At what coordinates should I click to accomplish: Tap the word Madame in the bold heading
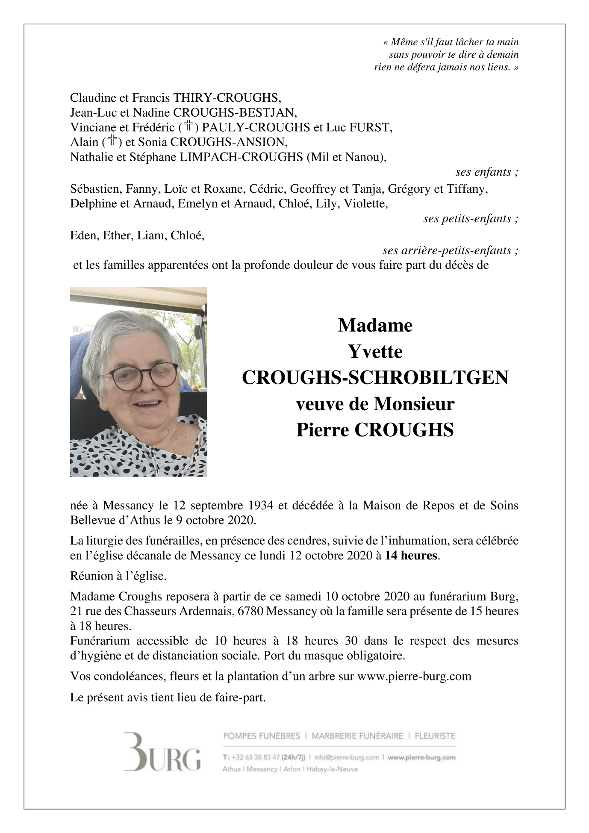(375, 326)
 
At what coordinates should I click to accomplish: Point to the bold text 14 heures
(411, 556)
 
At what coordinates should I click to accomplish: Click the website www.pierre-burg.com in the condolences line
(414, 676)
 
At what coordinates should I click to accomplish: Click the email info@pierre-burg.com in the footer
(346, 757)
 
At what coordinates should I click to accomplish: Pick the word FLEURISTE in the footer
(435, 736)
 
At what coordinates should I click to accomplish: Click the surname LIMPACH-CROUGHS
(241, 157)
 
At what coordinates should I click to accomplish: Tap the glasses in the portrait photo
(138, 377)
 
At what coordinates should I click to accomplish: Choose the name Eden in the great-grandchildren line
(83, 235)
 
